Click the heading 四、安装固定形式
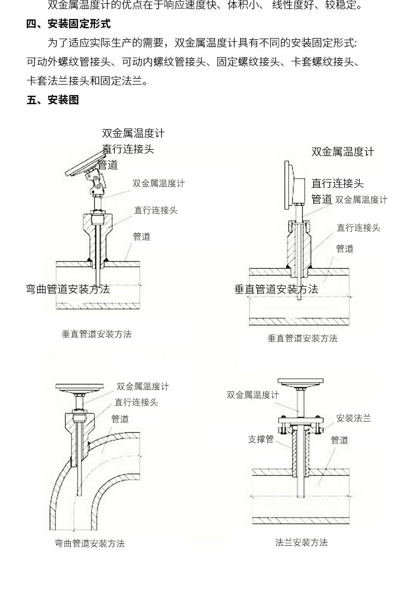pyautogui.click(x=69, y=24)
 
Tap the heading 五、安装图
pyautogui.click(x=53, y=100)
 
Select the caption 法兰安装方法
pyautogui.click(x=301, y=542)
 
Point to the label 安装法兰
pyautogui.click(x=353, y=418)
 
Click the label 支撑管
pyautogui.click(x=260, y=439)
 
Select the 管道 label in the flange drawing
pyautogui.click(x=340, y=440)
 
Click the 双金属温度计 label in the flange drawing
pyautogui.click(x=252, y=395)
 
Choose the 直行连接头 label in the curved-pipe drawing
pyautogui.click(x=136, y=402)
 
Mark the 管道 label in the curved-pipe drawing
pyautogui.click(x=120, y=419)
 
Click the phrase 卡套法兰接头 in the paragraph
pyautogui.click(x=58, y=81)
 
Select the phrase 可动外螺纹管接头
pyautogui.click(x=68, y=62)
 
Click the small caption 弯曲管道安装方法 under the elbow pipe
pyautogui.click(x=89, y=543)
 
